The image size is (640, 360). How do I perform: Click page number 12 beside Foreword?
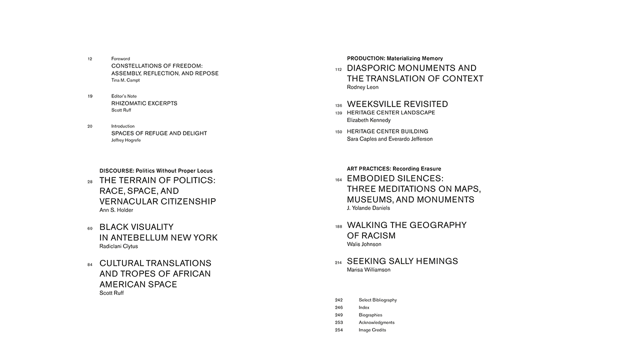pyautogui.click(x=90, y=59)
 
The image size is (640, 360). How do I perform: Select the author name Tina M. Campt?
pyautogui.click(x=125, y=80)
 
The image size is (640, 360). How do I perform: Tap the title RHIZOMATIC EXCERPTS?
pyautogui.click(x=144, y=103)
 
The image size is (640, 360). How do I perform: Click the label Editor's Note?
pyautogui.click(x=123, y=96)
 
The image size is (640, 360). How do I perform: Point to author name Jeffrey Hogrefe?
pyautogui.click(x=126, y=140)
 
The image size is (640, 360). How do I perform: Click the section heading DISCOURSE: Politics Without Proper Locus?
pyautogui.click(x=155, y=171)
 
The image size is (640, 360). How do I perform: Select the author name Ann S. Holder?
pyautogui.click(x=116, y=210)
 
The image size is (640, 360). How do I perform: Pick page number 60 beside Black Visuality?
pyautogui.click(x=90, y=228)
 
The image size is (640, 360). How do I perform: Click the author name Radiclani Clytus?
pyautogui.click(x=118, y=246)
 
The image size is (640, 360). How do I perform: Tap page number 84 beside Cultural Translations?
pyautogui.click(x=90, y=264)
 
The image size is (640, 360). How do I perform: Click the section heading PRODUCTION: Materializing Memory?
pyautogui.click(x=394, y=58)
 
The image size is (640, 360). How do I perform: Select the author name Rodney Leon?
pyautogui.click(x=362, y=87)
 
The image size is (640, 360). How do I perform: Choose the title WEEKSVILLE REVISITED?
pyautogui.click(x=397, y=104)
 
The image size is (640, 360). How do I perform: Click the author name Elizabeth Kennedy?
pyautogui.click(x=368, y=120)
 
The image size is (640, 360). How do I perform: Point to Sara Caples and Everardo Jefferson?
pyautogui.click(x=389, y=139)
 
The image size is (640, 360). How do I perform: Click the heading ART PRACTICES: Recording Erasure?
pyautogui.click(x=393, y=169)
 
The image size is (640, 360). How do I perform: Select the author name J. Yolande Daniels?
pyautogui.click(x=368, y=208)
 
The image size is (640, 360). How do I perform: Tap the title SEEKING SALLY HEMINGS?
pyautogui.click(x=402, y=261)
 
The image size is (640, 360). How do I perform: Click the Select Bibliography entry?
pyautogui.click(x=377, y=300)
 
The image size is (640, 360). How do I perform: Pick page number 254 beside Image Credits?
pyautogui.click(x=338, y=330)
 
